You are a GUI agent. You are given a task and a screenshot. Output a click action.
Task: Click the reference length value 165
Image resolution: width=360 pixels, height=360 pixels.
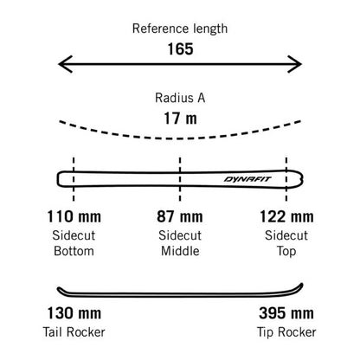pos(180,48)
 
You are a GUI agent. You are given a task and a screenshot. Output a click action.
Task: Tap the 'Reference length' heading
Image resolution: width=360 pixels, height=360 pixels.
pos(180,29)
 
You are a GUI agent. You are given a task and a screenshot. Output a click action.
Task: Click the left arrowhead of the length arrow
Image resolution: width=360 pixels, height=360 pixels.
pos(65,64)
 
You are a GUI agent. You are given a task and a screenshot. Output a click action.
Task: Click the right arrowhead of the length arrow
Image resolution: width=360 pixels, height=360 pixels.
pos(295,64)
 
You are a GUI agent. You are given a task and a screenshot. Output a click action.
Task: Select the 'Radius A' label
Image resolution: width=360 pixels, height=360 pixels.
pos(180,98)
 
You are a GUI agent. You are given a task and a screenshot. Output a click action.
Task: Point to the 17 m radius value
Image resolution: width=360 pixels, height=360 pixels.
pos(180,119)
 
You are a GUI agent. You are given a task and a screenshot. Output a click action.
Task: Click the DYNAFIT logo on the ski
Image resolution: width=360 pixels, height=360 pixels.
pos(247,179)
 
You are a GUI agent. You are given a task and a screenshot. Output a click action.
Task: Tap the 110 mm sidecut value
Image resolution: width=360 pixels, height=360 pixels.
pos(74,216)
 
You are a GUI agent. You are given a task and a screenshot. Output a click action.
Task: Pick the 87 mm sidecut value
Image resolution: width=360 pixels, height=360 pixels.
pos(180,216)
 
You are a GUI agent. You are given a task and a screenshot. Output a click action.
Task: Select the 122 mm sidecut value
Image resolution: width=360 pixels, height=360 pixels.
pos(286,216)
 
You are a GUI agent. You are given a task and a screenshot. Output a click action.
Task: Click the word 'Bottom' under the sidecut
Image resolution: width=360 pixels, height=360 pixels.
pos(74,251)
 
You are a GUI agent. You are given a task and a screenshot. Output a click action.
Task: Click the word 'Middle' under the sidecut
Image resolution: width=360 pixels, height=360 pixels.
pos(180,251)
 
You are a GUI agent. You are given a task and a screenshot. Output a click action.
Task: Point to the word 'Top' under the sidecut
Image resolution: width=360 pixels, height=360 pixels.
pos(286,251)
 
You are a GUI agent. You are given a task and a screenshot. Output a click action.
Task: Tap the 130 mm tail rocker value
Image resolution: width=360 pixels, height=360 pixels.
pos(74,313)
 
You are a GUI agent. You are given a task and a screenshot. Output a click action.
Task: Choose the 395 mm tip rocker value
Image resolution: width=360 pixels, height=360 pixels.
pos(286,313)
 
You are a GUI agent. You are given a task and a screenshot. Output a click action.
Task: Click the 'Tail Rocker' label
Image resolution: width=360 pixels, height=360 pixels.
pos(74,332)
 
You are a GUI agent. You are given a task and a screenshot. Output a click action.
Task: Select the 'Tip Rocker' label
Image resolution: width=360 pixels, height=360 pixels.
pos(286,332)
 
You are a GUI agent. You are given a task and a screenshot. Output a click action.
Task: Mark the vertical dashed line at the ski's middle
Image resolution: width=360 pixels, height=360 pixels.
pos(180,179)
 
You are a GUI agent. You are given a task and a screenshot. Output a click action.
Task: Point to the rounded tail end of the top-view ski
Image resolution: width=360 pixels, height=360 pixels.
pos(58,179)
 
